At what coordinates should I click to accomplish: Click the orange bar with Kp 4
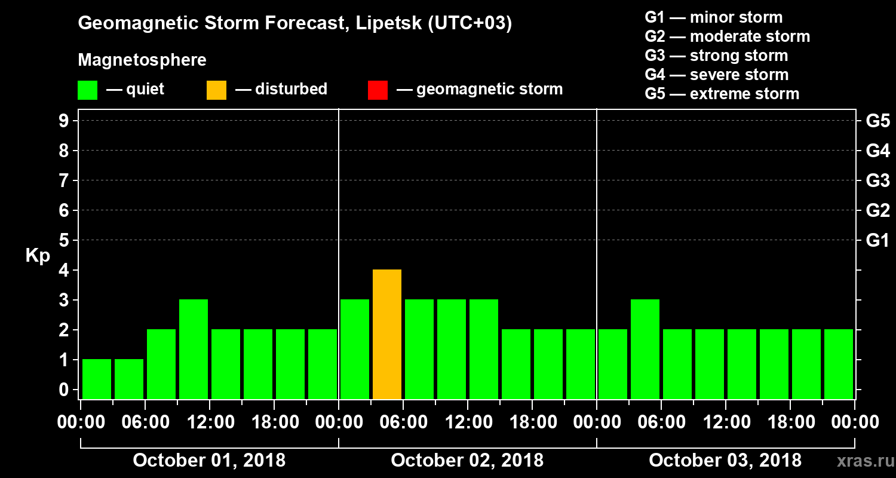387,335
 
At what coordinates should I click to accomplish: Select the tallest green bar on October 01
194,349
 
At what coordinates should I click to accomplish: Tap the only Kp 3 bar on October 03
645,349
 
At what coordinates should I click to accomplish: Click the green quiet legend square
87,90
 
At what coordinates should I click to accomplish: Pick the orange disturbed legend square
216,90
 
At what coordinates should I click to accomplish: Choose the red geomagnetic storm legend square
378,90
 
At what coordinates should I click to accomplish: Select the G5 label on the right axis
877,121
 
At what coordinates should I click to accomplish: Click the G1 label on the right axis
877,241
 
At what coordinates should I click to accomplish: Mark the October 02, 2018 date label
467,461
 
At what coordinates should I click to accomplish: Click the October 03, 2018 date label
725,461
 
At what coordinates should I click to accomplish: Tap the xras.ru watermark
861,461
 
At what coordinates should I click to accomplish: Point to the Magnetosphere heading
142,60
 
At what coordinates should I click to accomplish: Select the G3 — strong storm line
716,56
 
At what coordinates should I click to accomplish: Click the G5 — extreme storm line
722,94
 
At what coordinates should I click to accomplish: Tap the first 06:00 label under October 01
145,422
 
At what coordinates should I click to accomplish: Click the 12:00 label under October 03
726,422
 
